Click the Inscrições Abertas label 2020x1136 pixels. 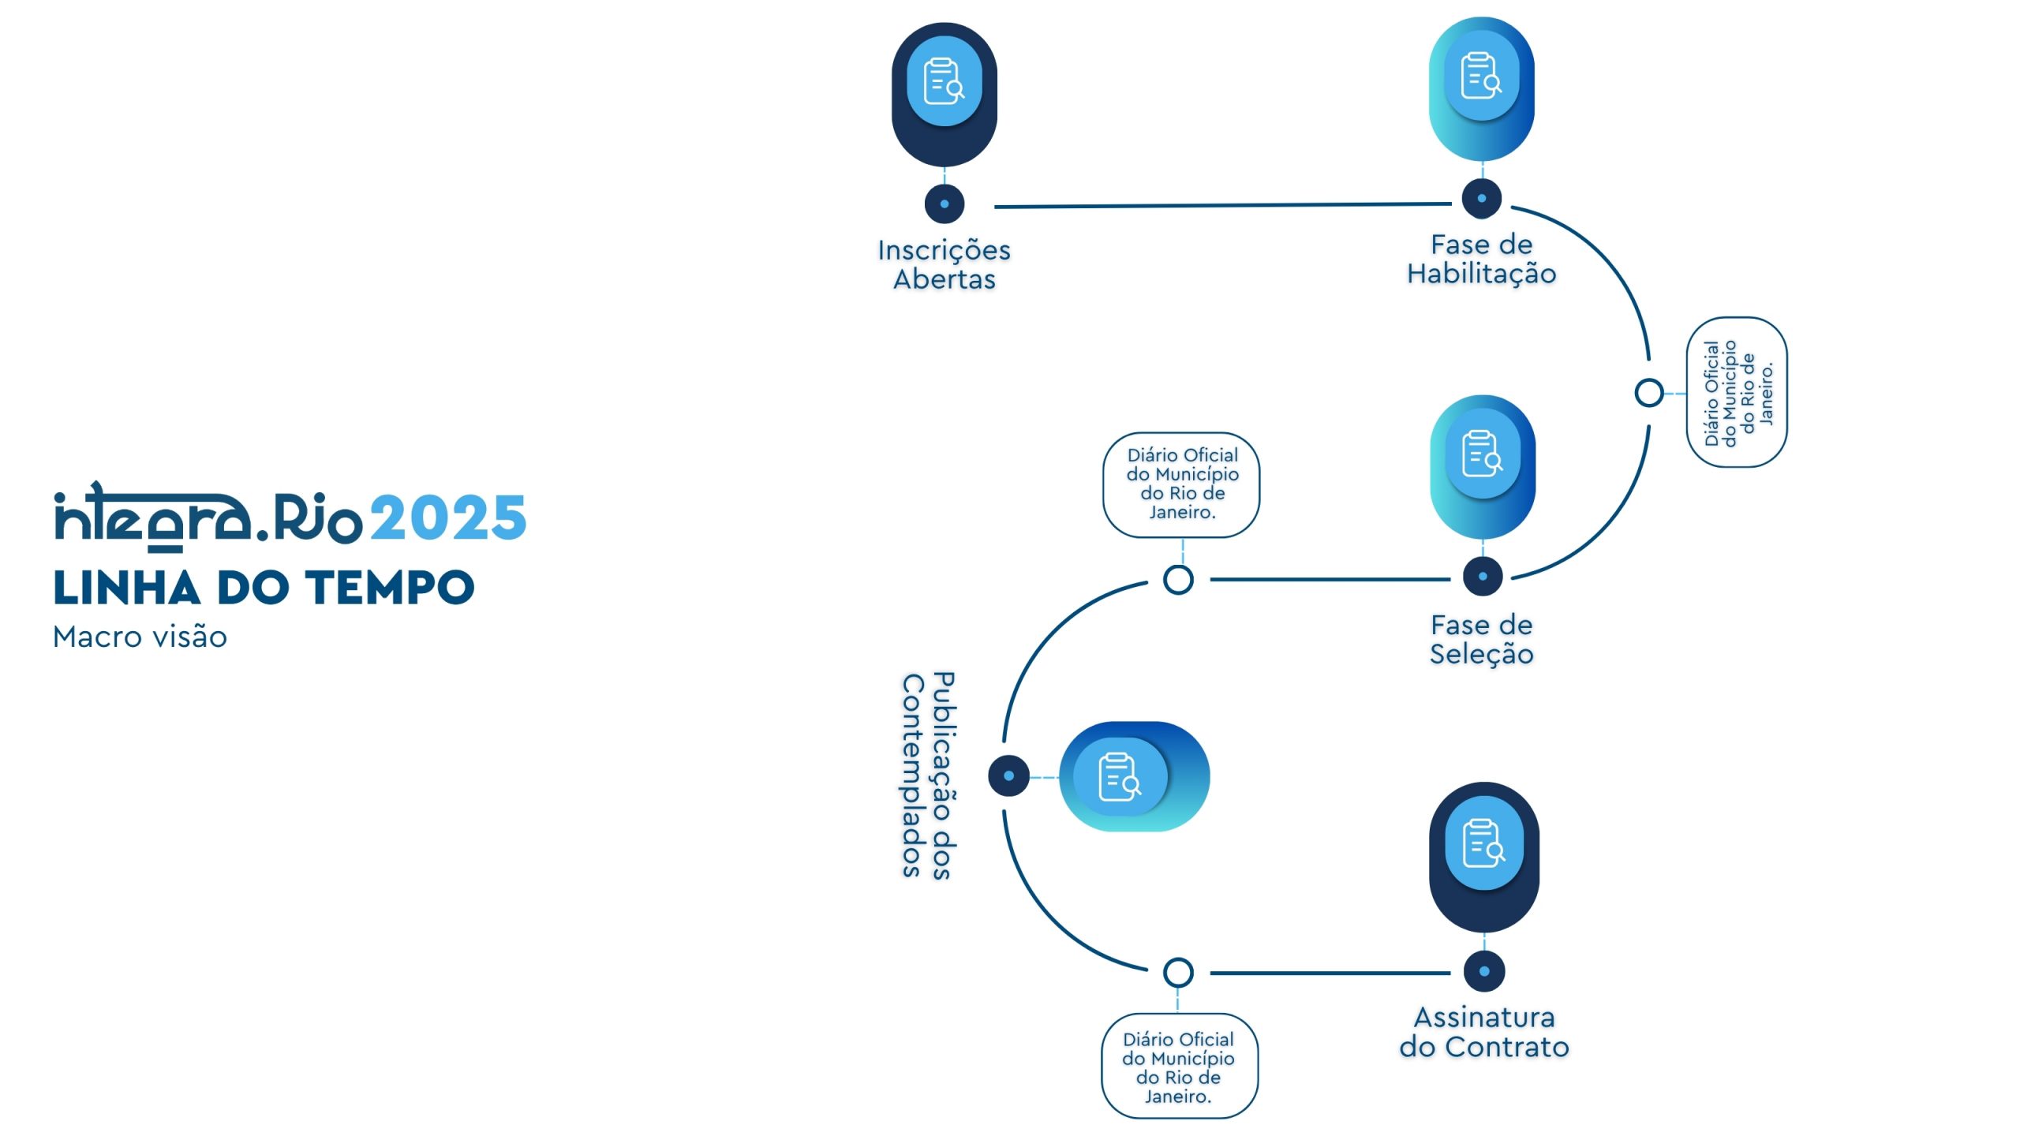(944, 264)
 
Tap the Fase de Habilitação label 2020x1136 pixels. (1481, 259)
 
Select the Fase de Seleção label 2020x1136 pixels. (1481, 639)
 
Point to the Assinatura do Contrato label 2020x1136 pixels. (1483, 1032)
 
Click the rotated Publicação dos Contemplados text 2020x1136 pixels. (928, 775)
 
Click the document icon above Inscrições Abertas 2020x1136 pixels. (944, 81)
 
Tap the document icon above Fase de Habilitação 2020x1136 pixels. (1481, 76)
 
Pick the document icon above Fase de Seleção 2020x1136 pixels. (1482, 454)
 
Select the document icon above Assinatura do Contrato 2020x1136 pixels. (1483, 843)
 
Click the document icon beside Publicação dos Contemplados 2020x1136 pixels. (1120, 777)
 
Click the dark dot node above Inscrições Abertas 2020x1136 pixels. (944, 204)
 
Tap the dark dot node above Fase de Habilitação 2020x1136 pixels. (1481, 199)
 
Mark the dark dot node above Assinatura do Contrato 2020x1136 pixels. (1483, 972)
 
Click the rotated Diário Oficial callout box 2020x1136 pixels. (1737, 392)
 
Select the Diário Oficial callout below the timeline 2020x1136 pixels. (1179, 1067)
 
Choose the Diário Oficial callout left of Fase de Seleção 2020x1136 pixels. (1181, 484)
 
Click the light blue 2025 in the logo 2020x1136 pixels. (447, 518)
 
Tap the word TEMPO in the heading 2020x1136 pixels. (390, 588)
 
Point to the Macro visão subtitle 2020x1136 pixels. (140, 637)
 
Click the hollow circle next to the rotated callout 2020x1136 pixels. (1648, 392)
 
